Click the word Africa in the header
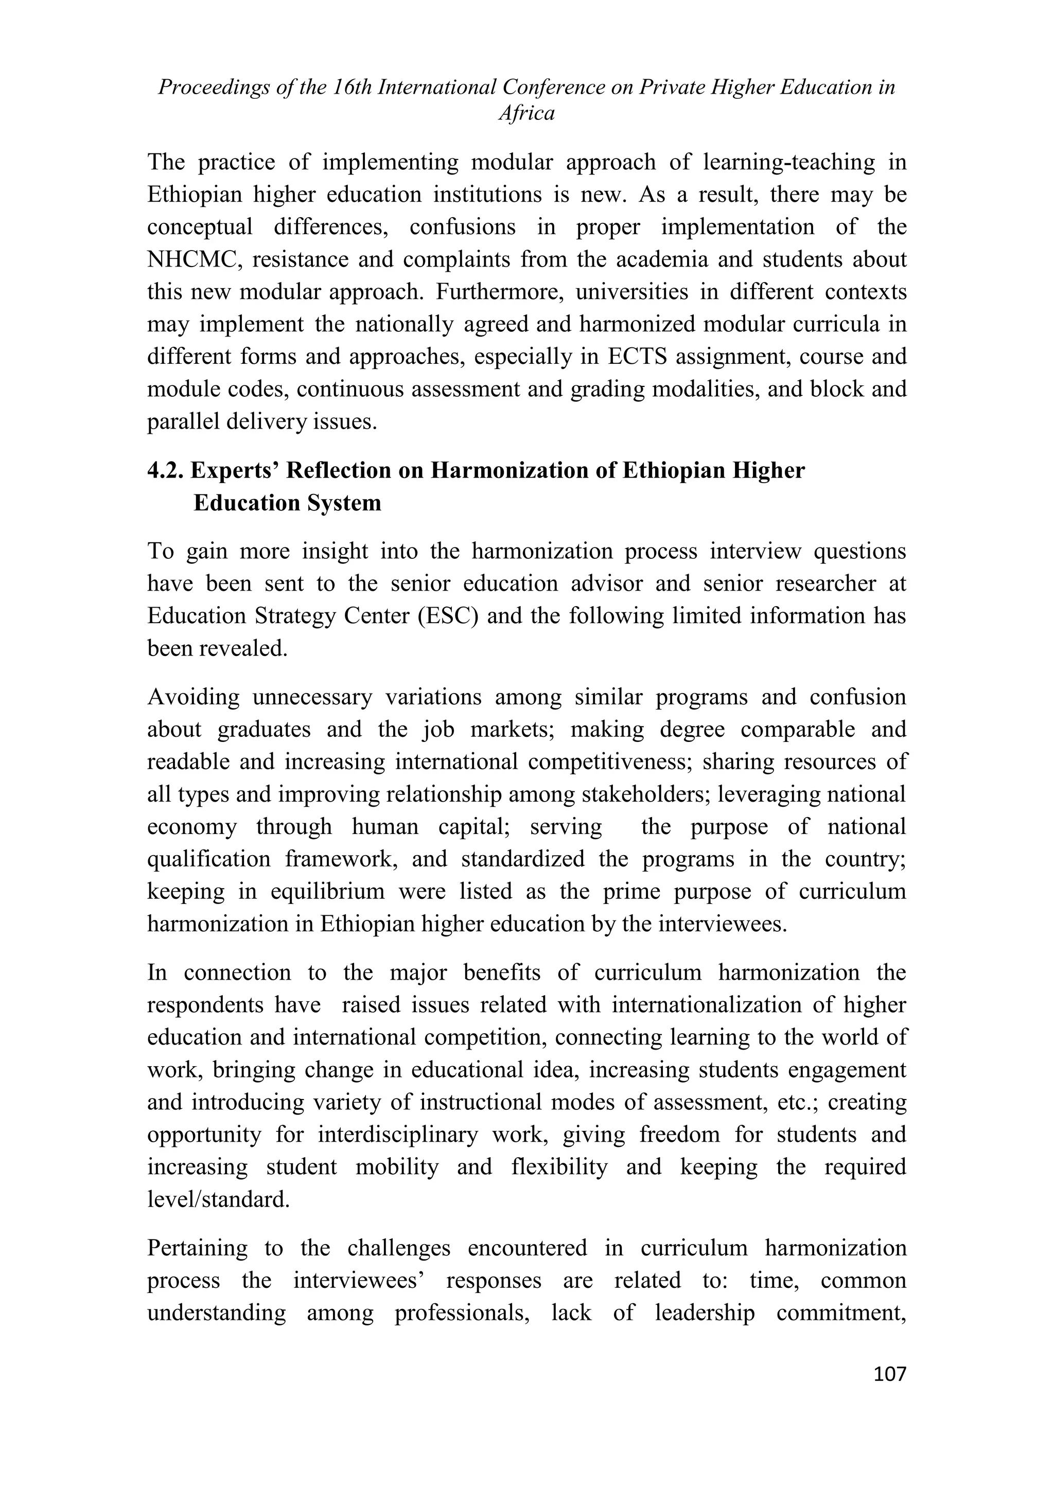click(526, 114)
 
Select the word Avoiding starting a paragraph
click(194, 697)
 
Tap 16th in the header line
click(352, 87)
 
